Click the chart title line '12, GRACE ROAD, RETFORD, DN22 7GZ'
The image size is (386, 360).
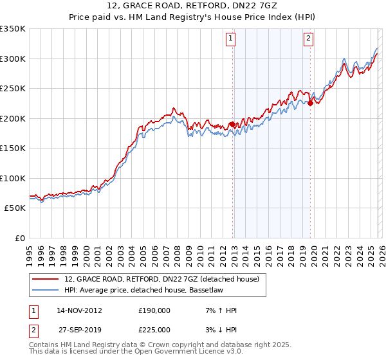tap(193, 7)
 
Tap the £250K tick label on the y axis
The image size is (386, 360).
tap(13, 89)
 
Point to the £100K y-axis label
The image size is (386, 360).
tap(13, 179)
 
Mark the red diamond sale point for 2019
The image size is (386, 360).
tap(310, 103)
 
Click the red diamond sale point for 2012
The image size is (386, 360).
tap(232, 124)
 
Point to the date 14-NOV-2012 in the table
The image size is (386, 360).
tap(79, 310)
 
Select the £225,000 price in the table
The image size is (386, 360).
tap(154, 329)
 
